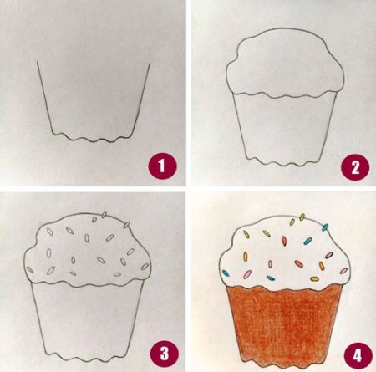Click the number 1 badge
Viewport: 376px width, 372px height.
click(x=162, y=166)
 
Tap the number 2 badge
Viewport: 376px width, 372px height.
click(x=355, y=167)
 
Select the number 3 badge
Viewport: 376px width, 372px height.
click(x=165, y=354)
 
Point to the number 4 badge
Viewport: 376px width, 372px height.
click(x=358, y=355)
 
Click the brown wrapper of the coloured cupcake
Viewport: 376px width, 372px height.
click(x=284, y=324)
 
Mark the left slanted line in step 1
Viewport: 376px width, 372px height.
click(x=44, y=98)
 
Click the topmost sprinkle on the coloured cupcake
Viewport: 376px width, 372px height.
click(x=302, y=217)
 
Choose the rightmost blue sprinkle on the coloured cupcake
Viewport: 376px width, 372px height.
click(x=325, y=227)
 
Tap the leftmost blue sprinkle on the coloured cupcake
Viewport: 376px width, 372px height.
click(x=226, y=273)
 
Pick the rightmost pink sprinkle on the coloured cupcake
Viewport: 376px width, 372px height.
click(x=344, y=271)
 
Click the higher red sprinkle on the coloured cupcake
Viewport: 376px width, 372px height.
click(x=284, y=241)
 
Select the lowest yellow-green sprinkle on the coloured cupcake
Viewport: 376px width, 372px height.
click(x=314, y=278)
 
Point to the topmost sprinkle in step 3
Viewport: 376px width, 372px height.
click(x=104, y=215)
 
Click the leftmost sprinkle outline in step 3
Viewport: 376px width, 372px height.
click(x=29, y=269)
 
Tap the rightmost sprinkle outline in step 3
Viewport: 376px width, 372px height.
click(x=145, y=267)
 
